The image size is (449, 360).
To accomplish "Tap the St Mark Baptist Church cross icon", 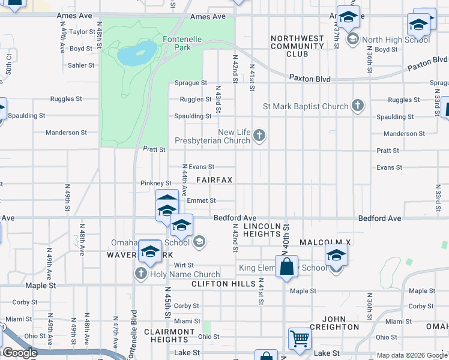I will click(x=358, y=106).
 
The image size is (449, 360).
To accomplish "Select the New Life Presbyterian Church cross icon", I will click(x=259, y=136).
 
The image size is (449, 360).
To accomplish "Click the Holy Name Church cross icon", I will click(x=141, y=274).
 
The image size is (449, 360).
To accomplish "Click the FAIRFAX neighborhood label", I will click(x=214, y=180).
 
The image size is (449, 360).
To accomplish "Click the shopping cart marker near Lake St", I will click(x=300, y=338).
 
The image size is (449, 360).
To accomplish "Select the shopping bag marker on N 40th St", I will click(x=287, y=266).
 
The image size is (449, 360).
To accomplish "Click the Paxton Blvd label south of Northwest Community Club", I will click(x=310, y=78).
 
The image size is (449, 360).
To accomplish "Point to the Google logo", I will click(x=19, y=353).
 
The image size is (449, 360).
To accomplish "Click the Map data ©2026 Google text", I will click(x=411, y=355).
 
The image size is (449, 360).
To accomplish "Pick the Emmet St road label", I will click(x=204, y=200).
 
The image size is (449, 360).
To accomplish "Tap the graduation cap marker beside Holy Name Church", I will click(x=150, y=252).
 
